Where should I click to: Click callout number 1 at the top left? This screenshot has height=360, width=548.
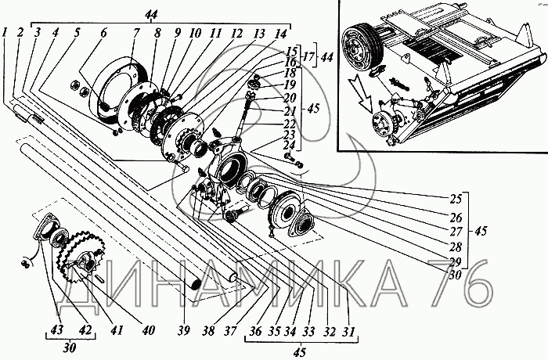pos(6,33)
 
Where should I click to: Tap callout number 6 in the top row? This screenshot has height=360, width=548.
pos(103,33)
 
